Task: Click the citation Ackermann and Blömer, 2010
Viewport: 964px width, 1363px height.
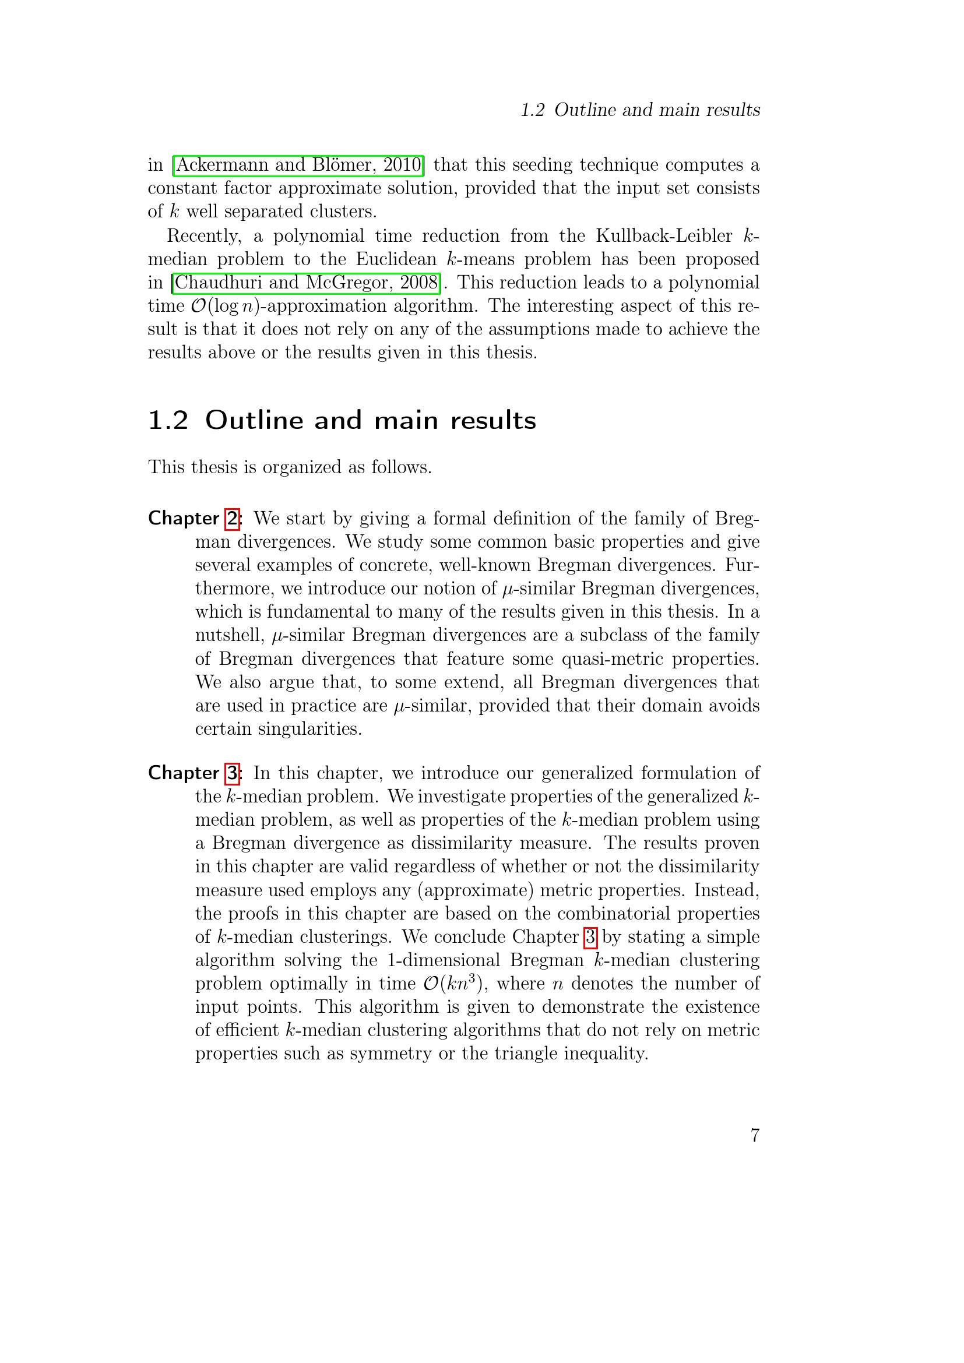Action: click(298, 164)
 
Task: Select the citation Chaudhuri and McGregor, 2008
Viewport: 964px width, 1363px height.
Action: click(307, 282)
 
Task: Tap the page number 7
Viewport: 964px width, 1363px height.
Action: click(754, 1135)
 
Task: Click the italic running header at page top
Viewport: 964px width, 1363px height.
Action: click(640, 110)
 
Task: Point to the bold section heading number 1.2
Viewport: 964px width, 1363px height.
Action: click(168, 420)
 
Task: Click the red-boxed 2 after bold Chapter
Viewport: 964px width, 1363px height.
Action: click(233, 519)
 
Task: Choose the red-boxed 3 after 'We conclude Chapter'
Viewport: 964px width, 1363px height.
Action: click(590, 937)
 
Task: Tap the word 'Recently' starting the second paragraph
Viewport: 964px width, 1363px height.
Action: click(203, 235)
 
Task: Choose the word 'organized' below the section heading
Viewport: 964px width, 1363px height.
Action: click(302, 467)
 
